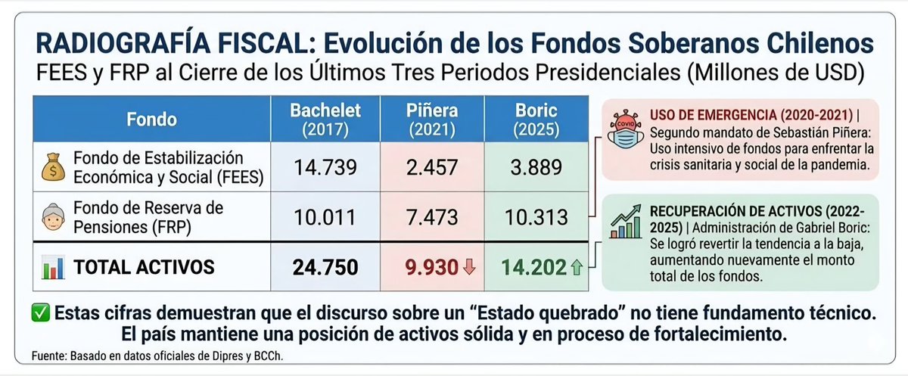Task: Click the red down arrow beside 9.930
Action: click(470, 267)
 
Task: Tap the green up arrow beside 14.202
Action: click(577, 267)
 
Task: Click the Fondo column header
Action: click(151, 120)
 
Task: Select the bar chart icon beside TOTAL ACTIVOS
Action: click(51, 267)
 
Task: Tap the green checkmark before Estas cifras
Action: click(41, 312)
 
